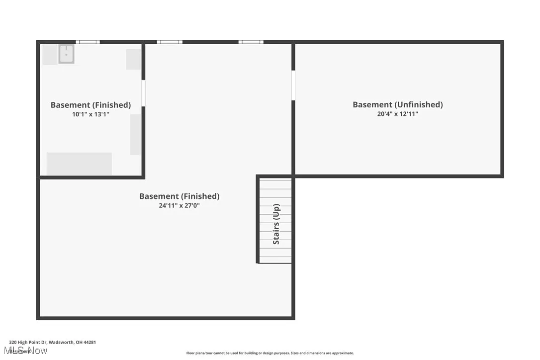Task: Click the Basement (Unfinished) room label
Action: click(x=397, y=104)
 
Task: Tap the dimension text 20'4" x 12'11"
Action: click(x=397, y=114)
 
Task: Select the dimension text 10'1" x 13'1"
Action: click(x=90, y=114)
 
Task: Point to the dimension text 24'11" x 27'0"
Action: click(x=179, y=205)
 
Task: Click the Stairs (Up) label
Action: click(x=276, y=224)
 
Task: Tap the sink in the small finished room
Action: click(x=66, y=54)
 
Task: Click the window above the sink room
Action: click(x=88, y=42)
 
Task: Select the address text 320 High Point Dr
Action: click(x=28, y=342)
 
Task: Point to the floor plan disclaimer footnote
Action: click(x=270, y=353)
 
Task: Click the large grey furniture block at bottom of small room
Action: click(x=79, y=163)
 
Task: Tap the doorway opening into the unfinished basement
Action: click(x=293, y=85)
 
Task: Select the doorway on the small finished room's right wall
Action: click(x=143, y=93)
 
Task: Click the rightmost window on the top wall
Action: click(x=251, y=42)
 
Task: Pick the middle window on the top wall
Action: click(x=170, y=42)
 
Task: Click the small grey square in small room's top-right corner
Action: click(x=133, y=59)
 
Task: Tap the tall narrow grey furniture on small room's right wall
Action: click(x=135, y=134)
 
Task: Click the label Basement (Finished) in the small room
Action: click(x=90, y=105)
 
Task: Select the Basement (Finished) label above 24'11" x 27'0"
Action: click(x=179, y=196)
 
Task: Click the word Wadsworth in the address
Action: click(x=61, y=342)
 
